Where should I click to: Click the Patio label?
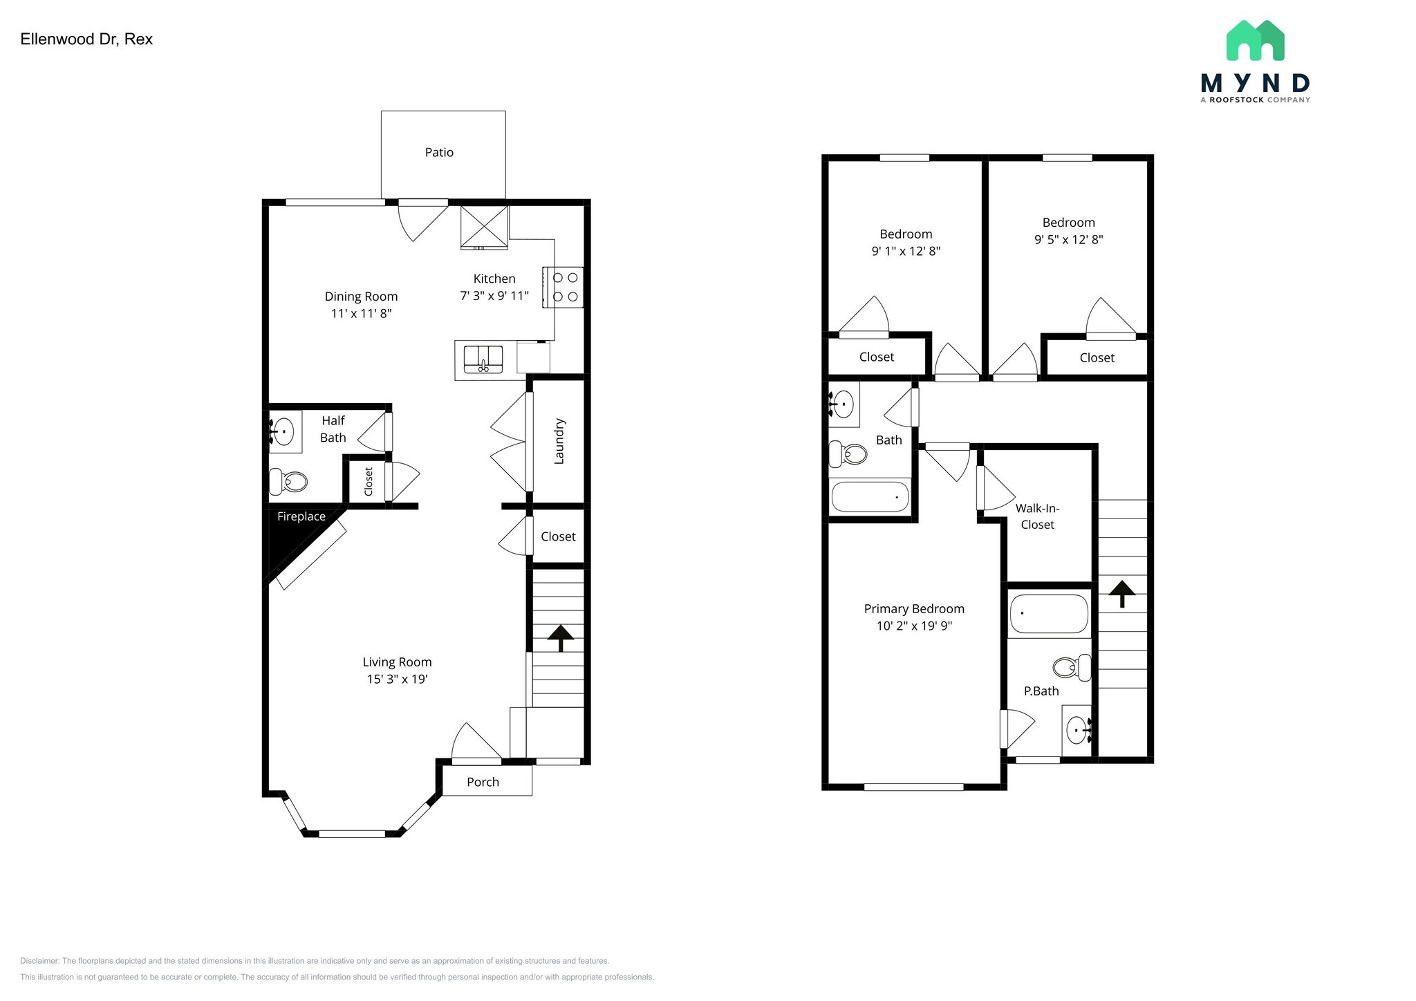tap(439, 153)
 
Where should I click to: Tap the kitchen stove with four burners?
tap(563, 287)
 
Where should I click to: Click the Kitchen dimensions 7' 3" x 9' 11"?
tap(494, 296)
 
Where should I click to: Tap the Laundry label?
tap(559, 441)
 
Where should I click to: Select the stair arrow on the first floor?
tap(560, 637)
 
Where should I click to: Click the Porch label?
tap(483, 782)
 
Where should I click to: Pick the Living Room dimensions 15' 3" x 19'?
tap(397, 679)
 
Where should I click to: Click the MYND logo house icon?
tap(1255, 41)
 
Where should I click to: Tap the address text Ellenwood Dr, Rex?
tap(86, 39)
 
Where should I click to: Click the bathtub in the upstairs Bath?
tap(870, 496)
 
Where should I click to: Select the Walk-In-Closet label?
tap(1037, 516)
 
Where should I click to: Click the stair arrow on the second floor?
tap(1121, 593)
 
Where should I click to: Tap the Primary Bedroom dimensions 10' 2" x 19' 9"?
tap(914, 626)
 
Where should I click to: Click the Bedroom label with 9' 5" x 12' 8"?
tap(1068, 223)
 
